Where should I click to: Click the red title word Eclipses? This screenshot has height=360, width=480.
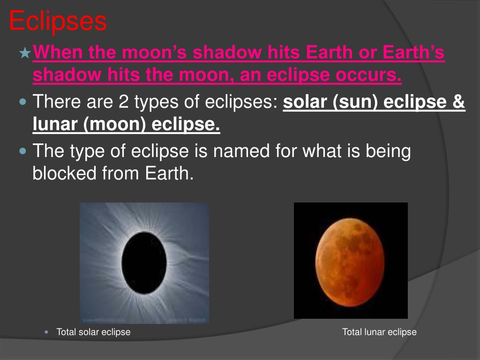58,22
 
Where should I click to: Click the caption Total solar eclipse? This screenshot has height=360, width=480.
93,332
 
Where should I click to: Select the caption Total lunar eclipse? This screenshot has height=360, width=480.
379,332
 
